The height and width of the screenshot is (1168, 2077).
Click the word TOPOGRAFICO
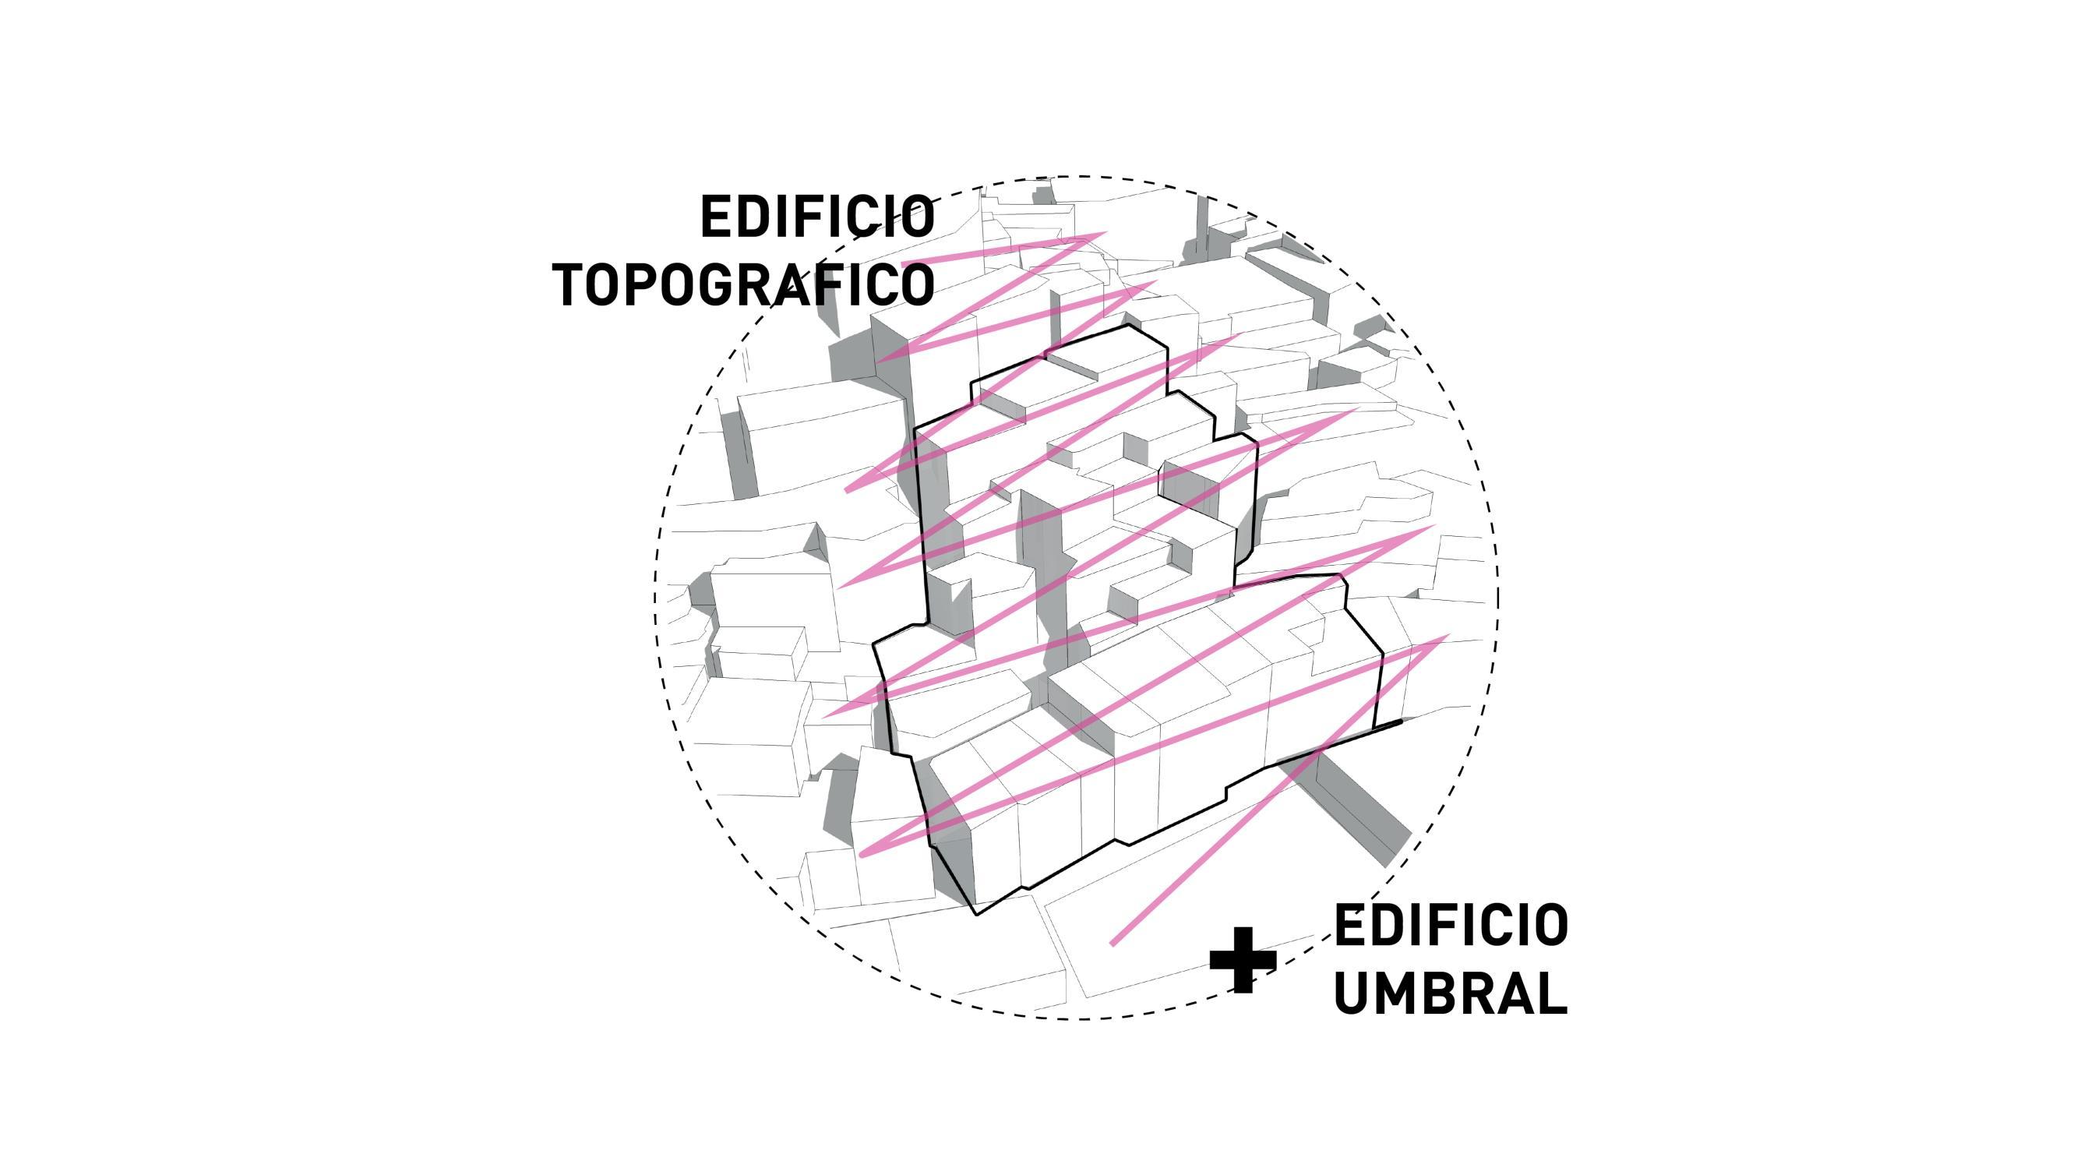pyautogui.click(x=743, y=284)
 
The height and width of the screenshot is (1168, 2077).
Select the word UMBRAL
pyautogui.click(x=1451, y=993)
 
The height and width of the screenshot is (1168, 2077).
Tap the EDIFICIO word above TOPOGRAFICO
pyautogui.click(x=816, y=217)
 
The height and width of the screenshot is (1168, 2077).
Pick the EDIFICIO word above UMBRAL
pyautogui.click(x=1451, y=925)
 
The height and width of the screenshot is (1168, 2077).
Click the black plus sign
pyautogui.click(x=1243, y=960)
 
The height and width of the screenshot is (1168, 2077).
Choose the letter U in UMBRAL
pyautogui.click(x=1353, y=993)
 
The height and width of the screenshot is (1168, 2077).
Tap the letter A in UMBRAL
pyautogui.click(x=1517, y=993)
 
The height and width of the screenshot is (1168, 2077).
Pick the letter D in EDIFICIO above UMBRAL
pyautogui.click(x=1387, y=925)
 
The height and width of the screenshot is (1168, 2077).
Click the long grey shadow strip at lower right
pyautogui.click(x=1363, y=815)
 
